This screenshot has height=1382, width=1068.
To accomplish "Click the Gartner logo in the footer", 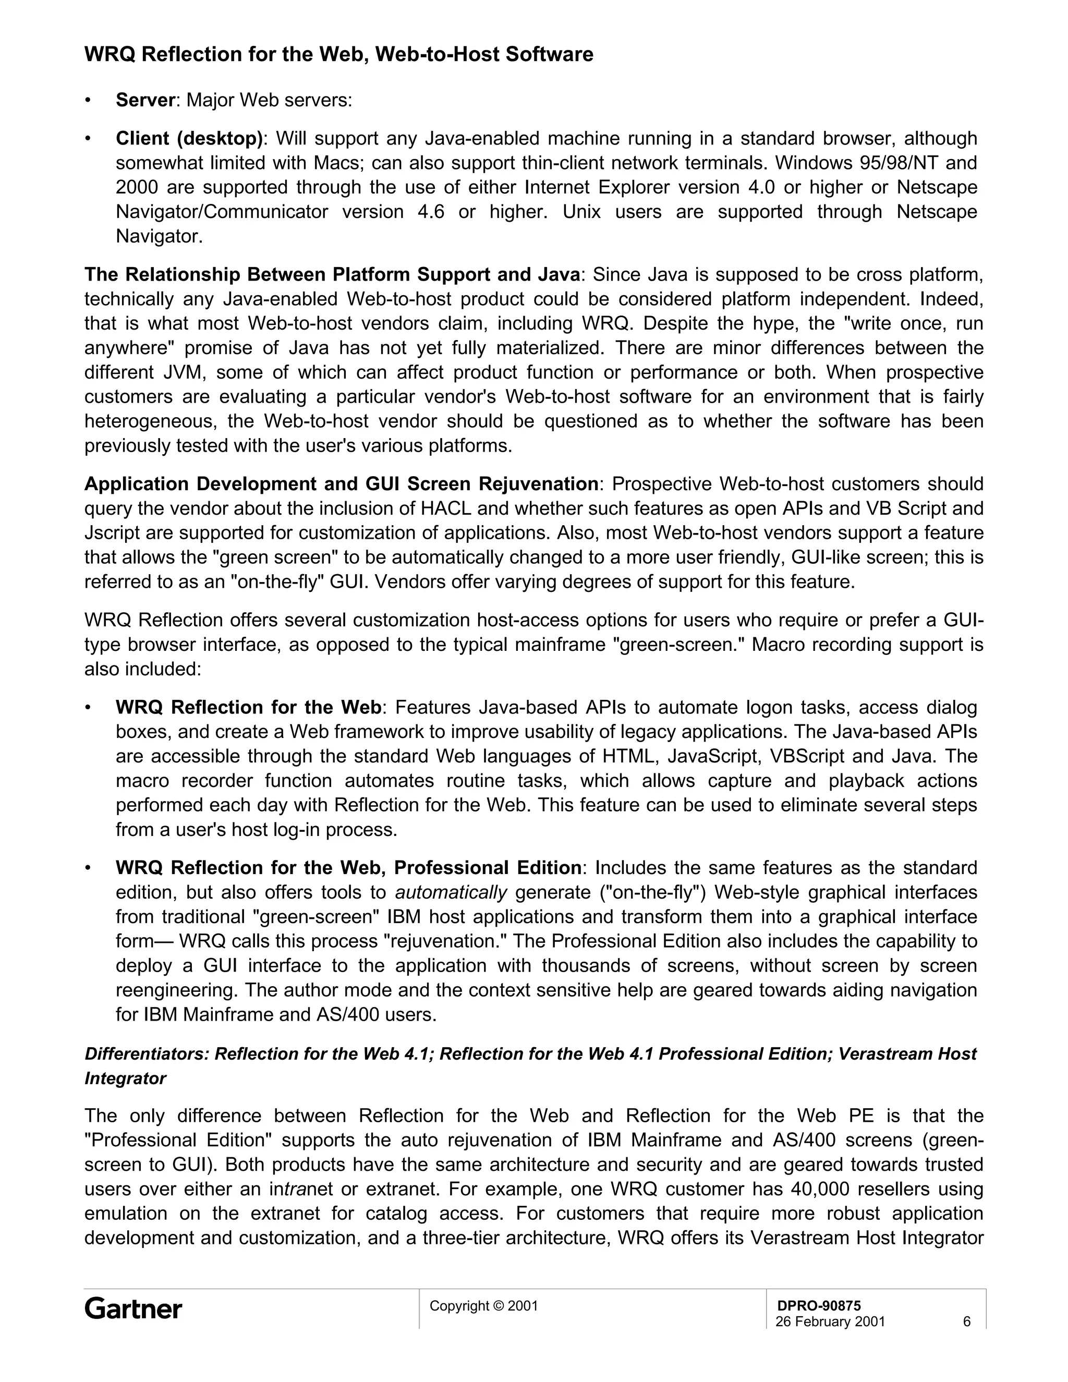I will pyautogui.click(x=133, y=1308).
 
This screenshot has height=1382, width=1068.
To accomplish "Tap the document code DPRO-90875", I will pyautogui.click(x=819, y=1305).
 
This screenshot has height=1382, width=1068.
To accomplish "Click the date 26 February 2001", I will pyautogui.click(x=830, y=1322).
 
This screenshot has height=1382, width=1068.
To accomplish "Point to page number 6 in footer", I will pyautogui.click(x=966, y=1322).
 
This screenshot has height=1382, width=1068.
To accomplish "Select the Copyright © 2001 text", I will pyautogui.click(x=483, y=1305).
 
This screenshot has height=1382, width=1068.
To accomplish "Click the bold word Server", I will pyautogui.click(x=145, y=100).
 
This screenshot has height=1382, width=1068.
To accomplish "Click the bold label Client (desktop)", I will pyautogui.click(x=189, y=139).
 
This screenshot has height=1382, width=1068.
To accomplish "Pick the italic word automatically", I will pyautogui.click(x=451, y=892).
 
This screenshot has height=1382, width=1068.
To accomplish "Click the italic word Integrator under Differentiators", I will pyautogui.click(x=125, y=1078).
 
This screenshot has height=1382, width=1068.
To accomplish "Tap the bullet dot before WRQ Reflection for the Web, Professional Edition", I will pyautogui.click(x=89, y=868).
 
